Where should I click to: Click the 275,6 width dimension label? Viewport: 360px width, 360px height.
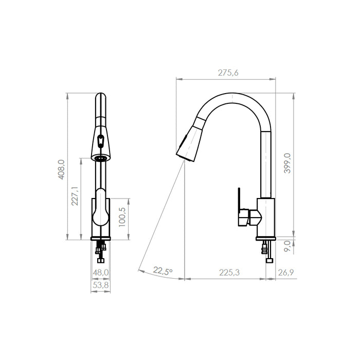[228, 73]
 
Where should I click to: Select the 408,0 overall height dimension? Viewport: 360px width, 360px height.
[61, 169]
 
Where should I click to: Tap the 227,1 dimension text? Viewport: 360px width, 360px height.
[75, 196]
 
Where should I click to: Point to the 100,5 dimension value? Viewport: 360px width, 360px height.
[122, 217]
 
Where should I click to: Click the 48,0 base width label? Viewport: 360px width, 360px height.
[101, 273]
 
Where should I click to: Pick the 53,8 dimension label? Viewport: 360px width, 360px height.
[101, 285]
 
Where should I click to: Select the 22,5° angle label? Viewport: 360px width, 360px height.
[163, 271]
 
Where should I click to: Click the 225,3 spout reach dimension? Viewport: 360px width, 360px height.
[229, 273]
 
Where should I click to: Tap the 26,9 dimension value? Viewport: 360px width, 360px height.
[286, 273]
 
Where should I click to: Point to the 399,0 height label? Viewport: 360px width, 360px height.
[287, 163]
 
